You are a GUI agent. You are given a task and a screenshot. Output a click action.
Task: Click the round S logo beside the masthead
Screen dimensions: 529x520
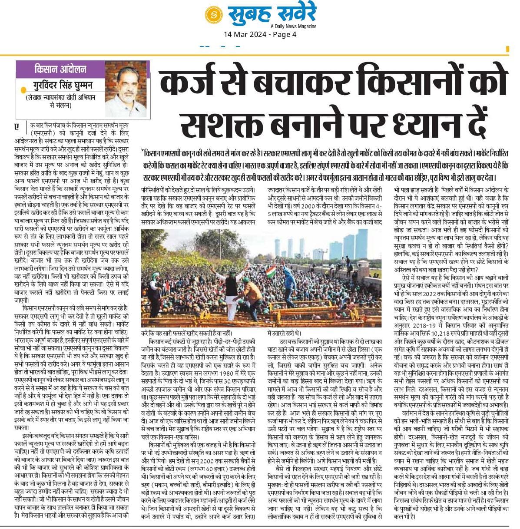(x=214, y=15)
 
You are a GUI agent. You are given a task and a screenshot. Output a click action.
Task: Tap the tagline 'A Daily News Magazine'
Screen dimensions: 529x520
(x=292, y=26)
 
